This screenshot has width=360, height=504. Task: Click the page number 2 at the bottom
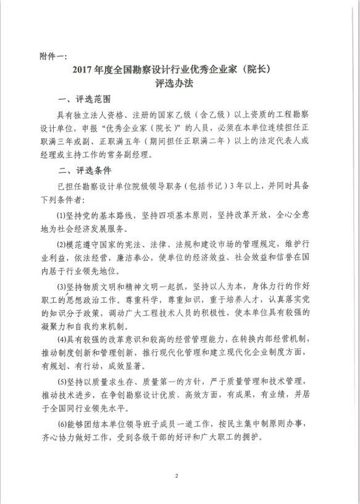point(176,476)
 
